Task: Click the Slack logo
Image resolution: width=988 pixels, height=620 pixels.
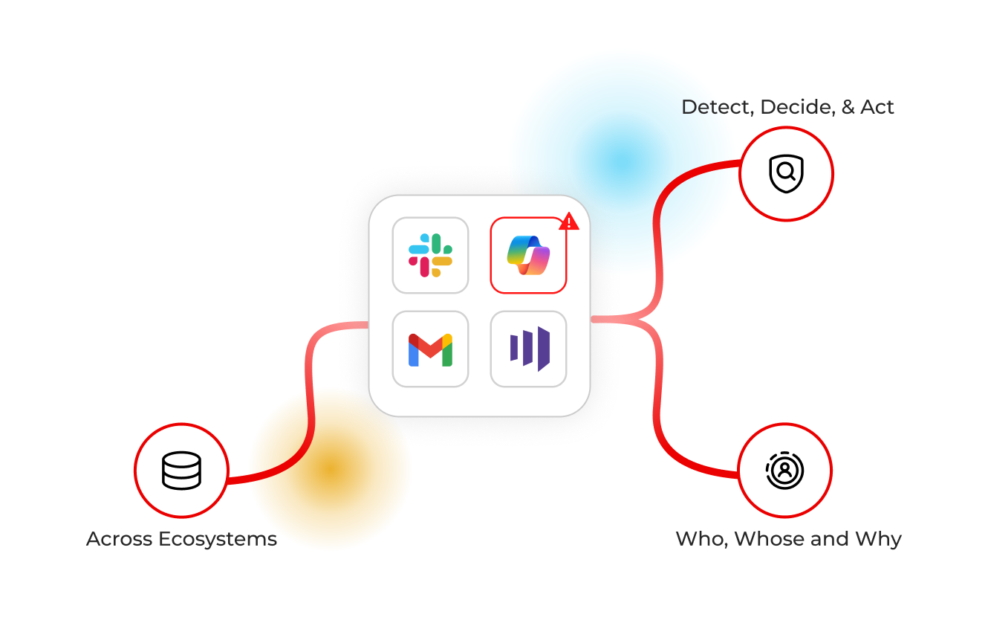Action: (x=430, y=255)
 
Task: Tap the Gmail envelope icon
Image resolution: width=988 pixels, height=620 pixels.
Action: (x=430, y=350)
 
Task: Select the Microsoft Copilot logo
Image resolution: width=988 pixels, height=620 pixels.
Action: (x=528, y=255)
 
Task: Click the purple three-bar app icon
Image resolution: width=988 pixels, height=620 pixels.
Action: (x=530, y=349)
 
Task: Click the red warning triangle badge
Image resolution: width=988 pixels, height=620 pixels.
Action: (x=568, y=221)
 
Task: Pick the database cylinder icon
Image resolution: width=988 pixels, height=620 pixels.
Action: (x=181, y=471)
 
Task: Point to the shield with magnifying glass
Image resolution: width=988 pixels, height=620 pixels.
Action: (x=786, y=173)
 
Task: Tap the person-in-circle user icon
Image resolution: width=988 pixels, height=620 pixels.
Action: (x=784, y=471)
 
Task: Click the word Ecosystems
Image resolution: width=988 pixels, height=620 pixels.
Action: (x=218, y=539)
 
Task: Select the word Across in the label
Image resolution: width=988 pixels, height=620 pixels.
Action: (x=119, y=539)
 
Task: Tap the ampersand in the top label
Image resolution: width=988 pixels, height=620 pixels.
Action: (x=848, y=107)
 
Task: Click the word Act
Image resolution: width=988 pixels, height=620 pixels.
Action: (x=877, y=107)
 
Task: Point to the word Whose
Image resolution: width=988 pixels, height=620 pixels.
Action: (x=770, y=539)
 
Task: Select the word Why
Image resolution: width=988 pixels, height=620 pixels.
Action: (x=879, y=540)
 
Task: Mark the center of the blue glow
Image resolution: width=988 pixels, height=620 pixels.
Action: (x=622, y=161)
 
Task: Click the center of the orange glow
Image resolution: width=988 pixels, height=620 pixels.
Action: (x=331, y=470)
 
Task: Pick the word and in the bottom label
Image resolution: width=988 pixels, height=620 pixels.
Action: (x=830, y=539)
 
